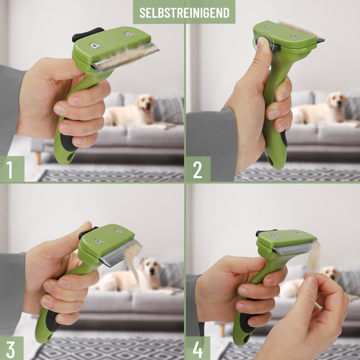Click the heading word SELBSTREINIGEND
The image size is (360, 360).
tap(184, 13)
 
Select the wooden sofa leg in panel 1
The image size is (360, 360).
tap(38, 158)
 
